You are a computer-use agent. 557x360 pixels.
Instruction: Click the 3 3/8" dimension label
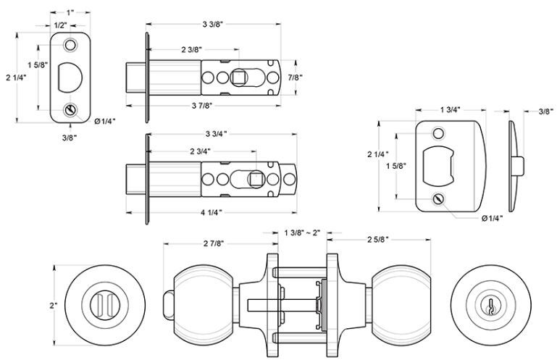coord(212,25)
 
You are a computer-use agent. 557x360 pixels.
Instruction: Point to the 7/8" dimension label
coord(295,78)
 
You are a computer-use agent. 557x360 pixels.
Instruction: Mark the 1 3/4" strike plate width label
coord(450,109)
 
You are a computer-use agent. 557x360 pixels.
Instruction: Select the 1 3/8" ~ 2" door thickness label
coord(303,233)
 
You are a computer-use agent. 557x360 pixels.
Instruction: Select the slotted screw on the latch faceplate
coord(70,110)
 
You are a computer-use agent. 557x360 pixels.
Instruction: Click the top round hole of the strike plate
coord(438,134)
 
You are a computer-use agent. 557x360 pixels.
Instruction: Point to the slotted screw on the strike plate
coord(438,198)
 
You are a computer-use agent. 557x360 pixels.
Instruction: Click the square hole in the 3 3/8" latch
coord(240,76)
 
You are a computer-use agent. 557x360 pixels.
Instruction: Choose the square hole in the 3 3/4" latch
coord(255,177)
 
